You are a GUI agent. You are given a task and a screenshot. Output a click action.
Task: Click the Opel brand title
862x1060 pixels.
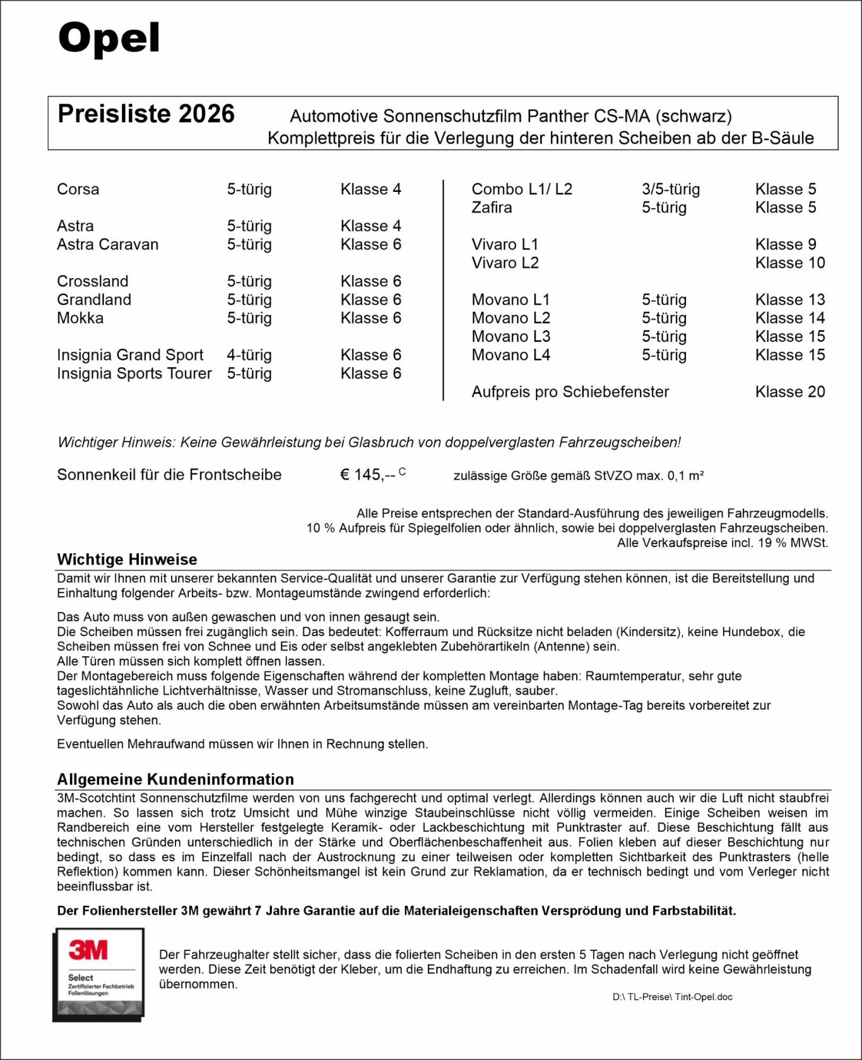click(109, 38)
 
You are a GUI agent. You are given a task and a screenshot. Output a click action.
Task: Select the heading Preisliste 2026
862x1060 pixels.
click(146, 114)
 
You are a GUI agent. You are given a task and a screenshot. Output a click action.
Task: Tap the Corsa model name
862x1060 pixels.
click(78, 189)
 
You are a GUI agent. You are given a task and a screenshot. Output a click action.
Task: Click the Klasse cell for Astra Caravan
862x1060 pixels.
click(370, 244)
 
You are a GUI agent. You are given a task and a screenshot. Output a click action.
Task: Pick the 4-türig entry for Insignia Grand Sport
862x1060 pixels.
click(249, 355)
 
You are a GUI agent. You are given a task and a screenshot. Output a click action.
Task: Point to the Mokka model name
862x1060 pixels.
click(80, 318)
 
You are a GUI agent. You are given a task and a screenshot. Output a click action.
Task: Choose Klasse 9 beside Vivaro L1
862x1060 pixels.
click(786, 244)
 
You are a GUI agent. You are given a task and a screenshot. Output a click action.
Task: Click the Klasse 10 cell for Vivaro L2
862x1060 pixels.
click(790, 262)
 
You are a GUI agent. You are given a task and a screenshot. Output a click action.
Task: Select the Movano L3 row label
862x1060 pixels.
click(511, 336)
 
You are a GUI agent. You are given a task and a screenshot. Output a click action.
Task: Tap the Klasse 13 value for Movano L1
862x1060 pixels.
click(790, 300)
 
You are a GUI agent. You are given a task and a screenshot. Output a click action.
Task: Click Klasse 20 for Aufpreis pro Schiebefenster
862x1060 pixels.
click(790, 392)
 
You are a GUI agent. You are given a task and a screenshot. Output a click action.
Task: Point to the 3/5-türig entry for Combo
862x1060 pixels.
click(671, 189)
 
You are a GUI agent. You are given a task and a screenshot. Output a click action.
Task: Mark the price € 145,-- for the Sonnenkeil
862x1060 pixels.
click(368, 474)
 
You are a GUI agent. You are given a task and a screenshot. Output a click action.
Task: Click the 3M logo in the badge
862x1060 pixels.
click(88, 950)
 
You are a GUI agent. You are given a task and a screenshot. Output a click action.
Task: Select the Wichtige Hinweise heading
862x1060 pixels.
click(127, 559)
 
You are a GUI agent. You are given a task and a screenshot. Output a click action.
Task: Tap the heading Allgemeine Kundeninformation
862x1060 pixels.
click(175, 779)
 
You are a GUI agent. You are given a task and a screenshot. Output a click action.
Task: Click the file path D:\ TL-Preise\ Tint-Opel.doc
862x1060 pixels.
click(672, 997)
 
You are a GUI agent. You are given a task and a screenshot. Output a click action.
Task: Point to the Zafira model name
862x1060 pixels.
click(492, 208)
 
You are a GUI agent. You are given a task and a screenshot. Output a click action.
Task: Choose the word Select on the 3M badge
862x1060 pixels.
click(81, 977)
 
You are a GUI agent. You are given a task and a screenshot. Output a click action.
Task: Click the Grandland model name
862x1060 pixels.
click(94, 300)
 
